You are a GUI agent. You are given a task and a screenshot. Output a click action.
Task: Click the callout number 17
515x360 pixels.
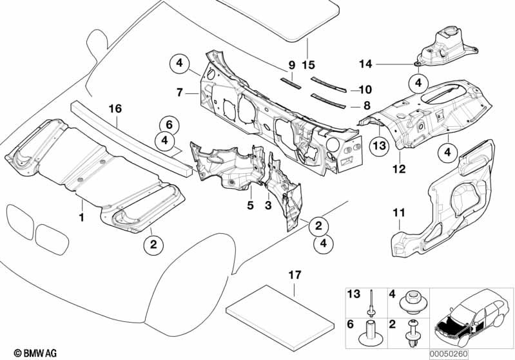click(294, 274)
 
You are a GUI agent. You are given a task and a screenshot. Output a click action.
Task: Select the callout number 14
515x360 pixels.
click(366, 63)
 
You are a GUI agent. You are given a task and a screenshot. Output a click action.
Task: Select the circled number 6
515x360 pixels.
click(167, 124)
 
